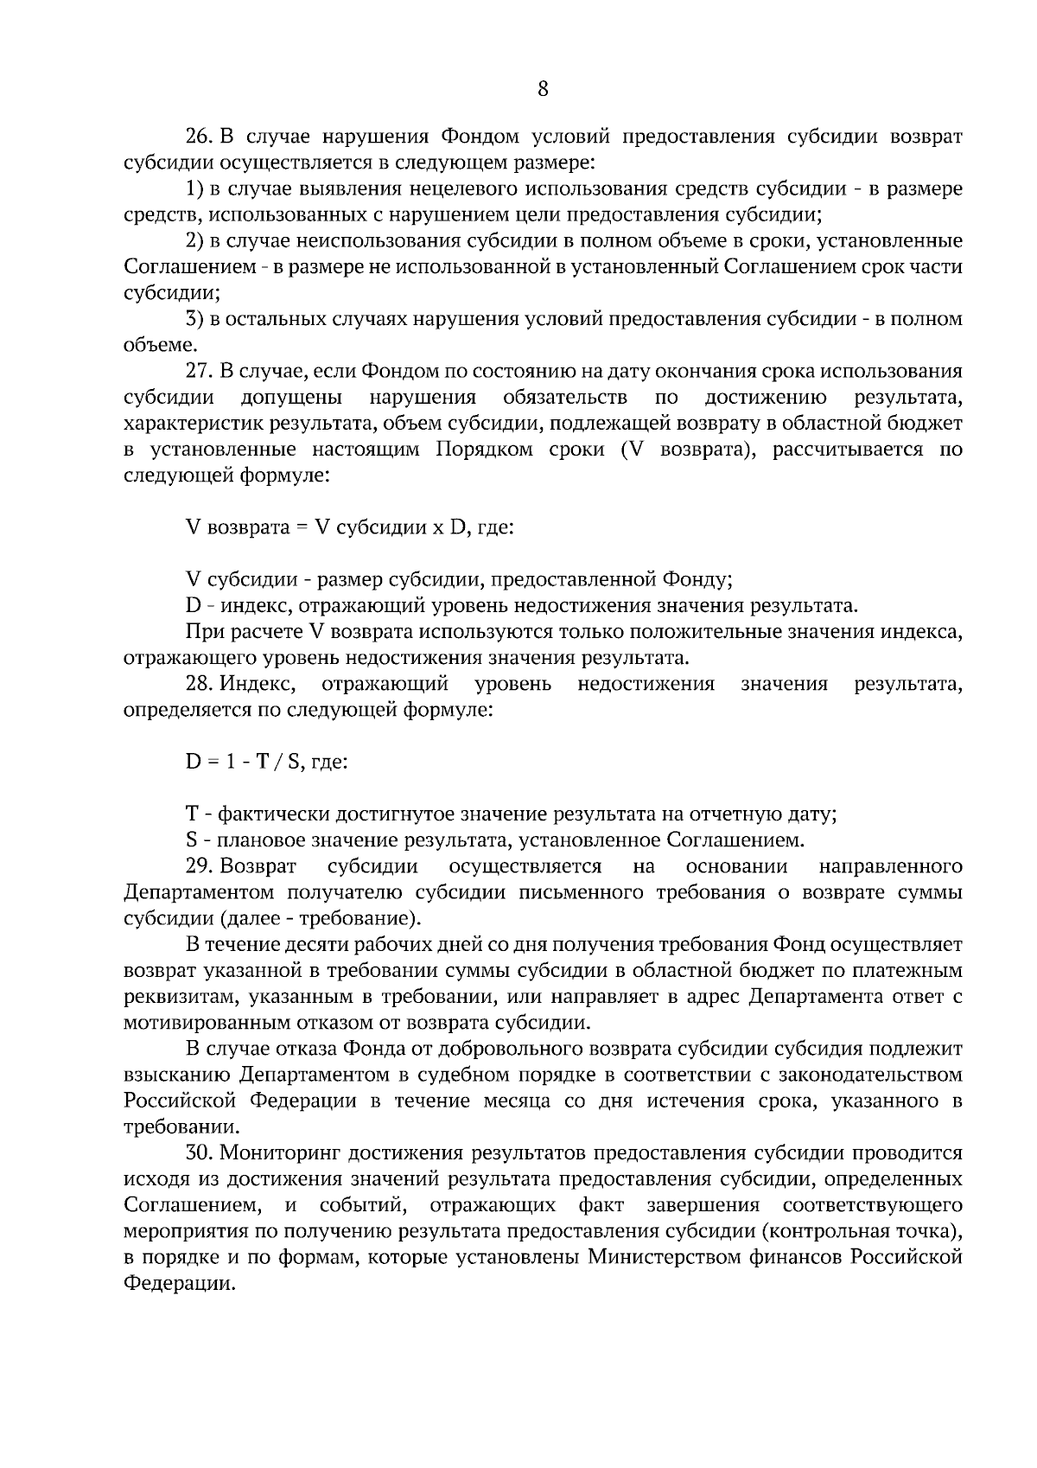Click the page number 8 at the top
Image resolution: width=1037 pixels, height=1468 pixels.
coord(543,87)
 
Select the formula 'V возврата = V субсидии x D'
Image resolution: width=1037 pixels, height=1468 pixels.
coord(349,527)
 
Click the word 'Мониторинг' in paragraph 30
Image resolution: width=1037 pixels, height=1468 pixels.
coord(275,1153)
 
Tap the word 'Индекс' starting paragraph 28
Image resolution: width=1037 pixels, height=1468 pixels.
coord(257,684)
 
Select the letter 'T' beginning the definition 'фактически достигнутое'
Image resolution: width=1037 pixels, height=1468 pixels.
coord(192,814)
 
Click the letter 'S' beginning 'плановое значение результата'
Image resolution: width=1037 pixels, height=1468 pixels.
coord(191,840)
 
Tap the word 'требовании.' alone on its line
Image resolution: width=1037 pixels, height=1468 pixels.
coord(177,1127)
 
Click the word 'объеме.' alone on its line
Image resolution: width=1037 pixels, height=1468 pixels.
coord(156,345)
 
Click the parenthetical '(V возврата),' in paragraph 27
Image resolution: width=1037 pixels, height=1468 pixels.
coord(685,450)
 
